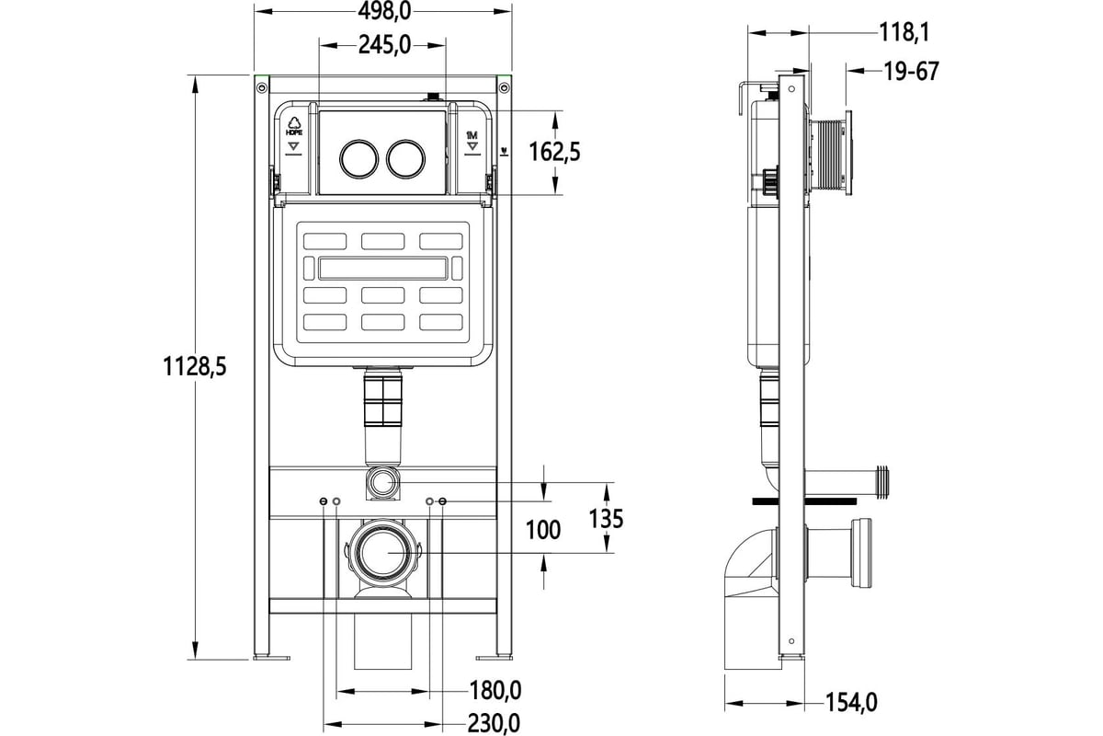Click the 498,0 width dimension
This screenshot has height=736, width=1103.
380,11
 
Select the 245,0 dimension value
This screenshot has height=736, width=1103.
380,44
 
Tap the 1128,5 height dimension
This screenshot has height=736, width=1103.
195,366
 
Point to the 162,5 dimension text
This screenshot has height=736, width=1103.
554,151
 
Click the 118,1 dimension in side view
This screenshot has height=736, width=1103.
904,33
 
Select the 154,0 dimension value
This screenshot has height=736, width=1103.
850,703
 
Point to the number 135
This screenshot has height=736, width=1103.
604,519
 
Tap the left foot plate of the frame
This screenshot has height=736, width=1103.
270,657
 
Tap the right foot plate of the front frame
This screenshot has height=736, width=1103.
495,657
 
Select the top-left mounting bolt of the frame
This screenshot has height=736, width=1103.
261,87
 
